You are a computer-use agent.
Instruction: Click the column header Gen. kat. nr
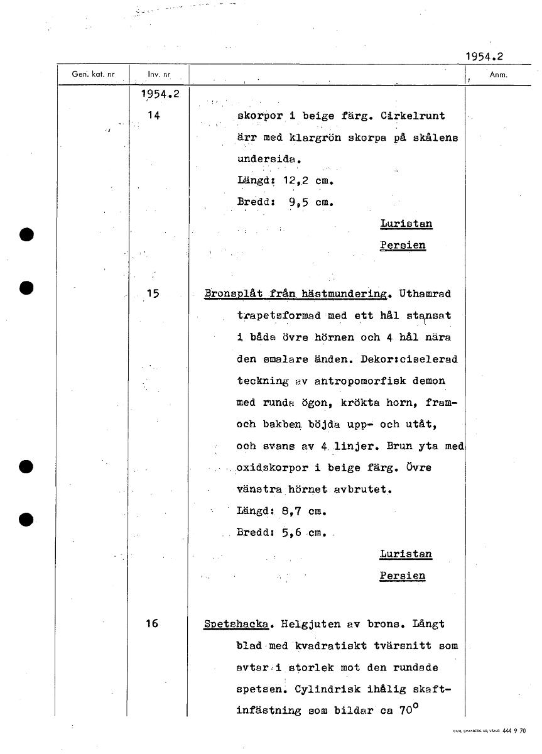coord(93,74)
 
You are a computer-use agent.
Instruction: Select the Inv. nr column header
coord(159,75)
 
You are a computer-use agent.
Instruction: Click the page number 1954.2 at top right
coord(484,57)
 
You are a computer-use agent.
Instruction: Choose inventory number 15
coord(153,293)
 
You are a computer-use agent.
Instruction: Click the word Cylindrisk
coord(350,689)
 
